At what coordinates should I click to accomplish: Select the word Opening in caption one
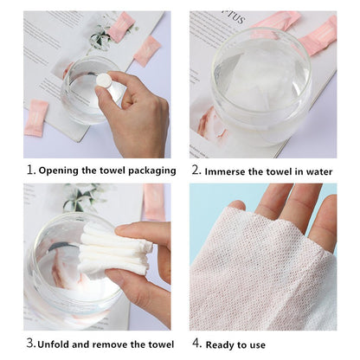60,170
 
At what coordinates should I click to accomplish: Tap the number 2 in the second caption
196,170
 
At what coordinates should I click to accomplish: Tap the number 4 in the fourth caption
196,344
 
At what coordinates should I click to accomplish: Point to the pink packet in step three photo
154,201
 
